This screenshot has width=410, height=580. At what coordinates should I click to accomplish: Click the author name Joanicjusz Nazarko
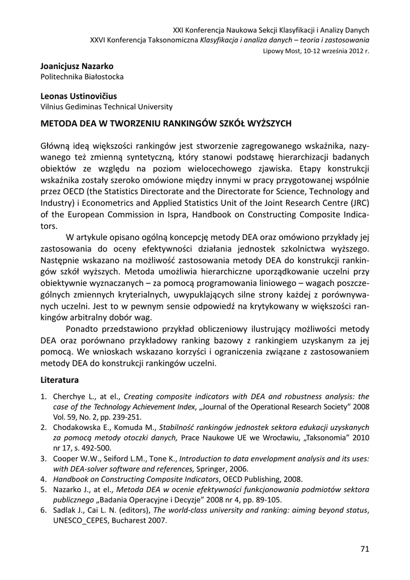click(76, 66)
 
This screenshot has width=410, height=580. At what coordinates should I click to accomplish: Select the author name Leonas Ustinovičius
click(79, 96)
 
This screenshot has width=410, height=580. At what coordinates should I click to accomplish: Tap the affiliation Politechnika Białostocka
click(82, 76)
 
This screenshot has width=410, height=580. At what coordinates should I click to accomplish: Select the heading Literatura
click(59, 379)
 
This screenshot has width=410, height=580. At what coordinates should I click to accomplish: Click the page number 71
click(364, 548)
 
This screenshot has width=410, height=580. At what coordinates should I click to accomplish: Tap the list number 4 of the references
click(43, 479)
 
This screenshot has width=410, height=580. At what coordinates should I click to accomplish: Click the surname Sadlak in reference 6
click(65, 510)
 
